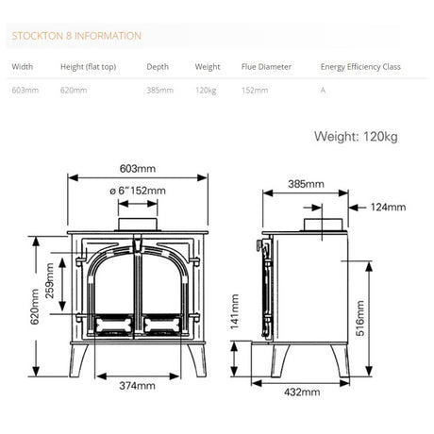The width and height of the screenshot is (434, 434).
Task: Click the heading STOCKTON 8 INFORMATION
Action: (75, 36)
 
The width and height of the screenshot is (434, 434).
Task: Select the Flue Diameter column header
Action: (266, 68)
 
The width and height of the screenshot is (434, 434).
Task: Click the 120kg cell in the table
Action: (207, 91)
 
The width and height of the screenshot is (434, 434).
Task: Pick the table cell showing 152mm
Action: (254, 91)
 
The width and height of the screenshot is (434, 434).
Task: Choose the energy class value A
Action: (324, 91)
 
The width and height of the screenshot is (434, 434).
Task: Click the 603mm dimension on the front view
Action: (138, 169)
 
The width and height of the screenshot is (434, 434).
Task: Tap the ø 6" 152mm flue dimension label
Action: (138, 192)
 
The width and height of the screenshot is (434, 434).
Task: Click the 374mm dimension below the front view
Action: (138, 386)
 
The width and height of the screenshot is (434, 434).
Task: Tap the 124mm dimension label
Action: (388, 207)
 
